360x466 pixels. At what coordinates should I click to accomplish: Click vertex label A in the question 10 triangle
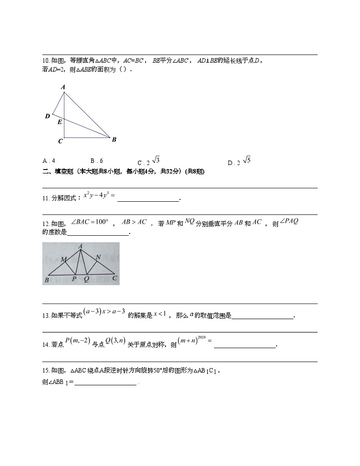pos(63,87)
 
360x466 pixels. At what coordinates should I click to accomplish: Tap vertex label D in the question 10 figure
pos(47,116)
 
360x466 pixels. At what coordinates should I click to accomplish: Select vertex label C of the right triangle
pos(60,141)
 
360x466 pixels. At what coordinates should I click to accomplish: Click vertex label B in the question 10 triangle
pos(114,140)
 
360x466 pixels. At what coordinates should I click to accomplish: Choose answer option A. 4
pos(49,161)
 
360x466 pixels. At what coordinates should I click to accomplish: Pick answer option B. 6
pos(97,161)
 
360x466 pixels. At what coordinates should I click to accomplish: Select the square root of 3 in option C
pos(156,160)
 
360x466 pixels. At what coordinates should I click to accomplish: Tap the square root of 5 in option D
pos(247,160)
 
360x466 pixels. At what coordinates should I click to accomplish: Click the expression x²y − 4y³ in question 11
pos(99,195)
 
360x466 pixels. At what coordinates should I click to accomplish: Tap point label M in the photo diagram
pos(64,259)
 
